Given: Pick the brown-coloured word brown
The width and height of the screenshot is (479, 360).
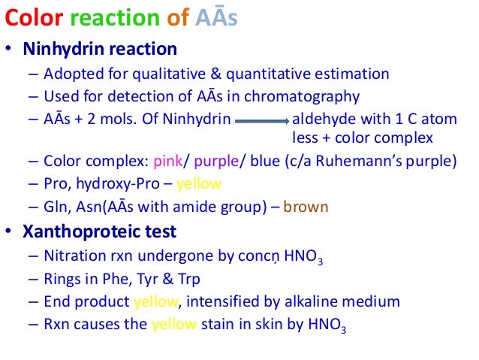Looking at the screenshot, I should pyautogui.click(x=306, y=206).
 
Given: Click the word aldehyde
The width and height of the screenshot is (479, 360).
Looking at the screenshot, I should pyautogui.click(x=321, y=119).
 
